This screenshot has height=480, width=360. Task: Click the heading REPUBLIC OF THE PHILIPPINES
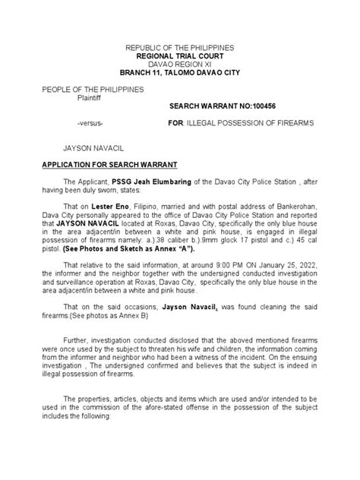180,48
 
